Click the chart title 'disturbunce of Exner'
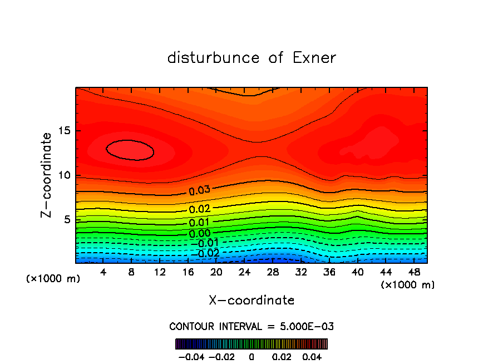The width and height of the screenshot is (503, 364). coord(251,58)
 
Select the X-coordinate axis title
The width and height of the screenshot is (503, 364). coord(251,301)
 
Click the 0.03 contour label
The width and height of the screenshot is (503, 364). coord(199,190)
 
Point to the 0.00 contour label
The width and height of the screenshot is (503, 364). coord(199,234)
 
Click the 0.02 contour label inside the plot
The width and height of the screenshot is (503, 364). coord(199,209)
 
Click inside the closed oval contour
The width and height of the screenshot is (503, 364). coord(130,150)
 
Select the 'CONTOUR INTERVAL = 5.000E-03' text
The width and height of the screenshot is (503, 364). coord(251,326)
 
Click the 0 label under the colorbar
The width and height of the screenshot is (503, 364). coord(251,356)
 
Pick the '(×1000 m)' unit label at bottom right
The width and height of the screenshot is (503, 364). coord(407,285)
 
